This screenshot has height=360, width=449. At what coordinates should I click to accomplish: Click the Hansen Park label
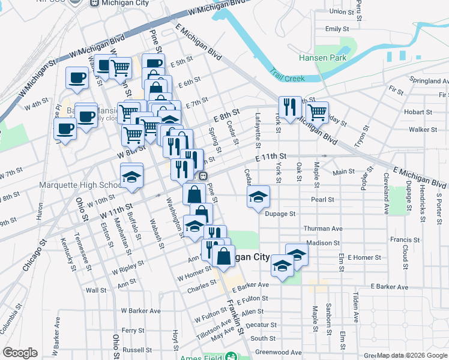[323, 58]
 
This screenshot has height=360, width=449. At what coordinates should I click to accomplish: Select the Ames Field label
[201, 356]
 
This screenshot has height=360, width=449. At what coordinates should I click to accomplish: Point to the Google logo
[20, 353]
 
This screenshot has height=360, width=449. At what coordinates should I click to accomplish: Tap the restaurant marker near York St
[290, 108]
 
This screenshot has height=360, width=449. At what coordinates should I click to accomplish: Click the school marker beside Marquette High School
[132, 176]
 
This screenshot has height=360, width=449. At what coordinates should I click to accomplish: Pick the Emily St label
[337, 29]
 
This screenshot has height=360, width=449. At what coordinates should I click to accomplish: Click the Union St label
[342, 11]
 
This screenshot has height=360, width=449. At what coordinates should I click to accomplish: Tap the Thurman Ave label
[323, 229]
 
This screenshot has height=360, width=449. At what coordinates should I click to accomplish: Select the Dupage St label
[281, 214]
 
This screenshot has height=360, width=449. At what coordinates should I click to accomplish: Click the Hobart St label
[414, 112]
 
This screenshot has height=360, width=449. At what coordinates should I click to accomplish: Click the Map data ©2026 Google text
[412, 356]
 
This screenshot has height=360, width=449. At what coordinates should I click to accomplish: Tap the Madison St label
[323, 243]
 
